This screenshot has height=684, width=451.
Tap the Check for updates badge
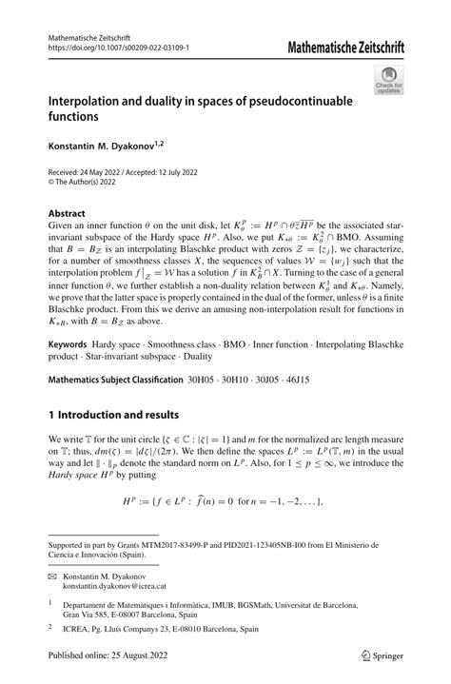click(x=387, y=82)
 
